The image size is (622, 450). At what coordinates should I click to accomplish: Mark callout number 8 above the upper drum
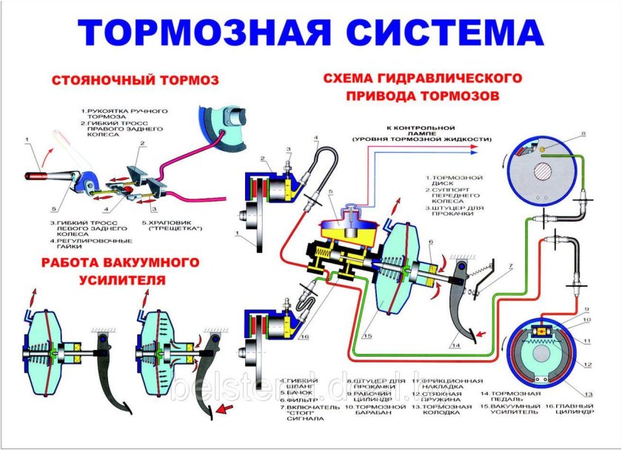pyautogui.click(x=583, y=133)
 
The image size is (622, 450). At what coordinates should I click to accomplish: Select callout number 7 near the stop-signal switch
pyautogui.click(x=510, y=265)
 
